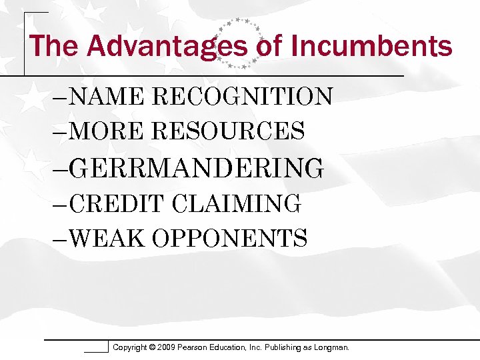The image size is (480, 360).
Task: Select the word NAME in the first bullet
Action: (x=106, y=97)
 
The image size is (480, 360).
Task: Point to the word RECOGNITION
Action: (x=241, y=97)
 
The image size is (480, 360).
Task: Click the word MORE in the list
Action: (x=106, y=131)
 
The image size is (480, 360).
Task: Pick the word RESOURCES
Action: (x=228, y=131)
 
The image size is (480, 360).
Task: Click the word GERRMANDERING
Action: (x=196, y=167)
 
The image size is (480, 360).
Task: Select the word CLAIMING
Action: (x=235, y=203)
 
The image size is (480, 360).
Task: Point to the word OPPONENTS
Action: (x=229, y=237)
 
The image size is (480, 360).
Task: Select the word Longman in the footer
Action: (x=329, y=347)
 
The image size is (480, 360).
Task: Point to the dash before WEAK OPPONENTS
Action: (x=60, y=238)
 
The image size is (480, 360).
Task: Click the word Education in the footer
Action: (x=245, y=347)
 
